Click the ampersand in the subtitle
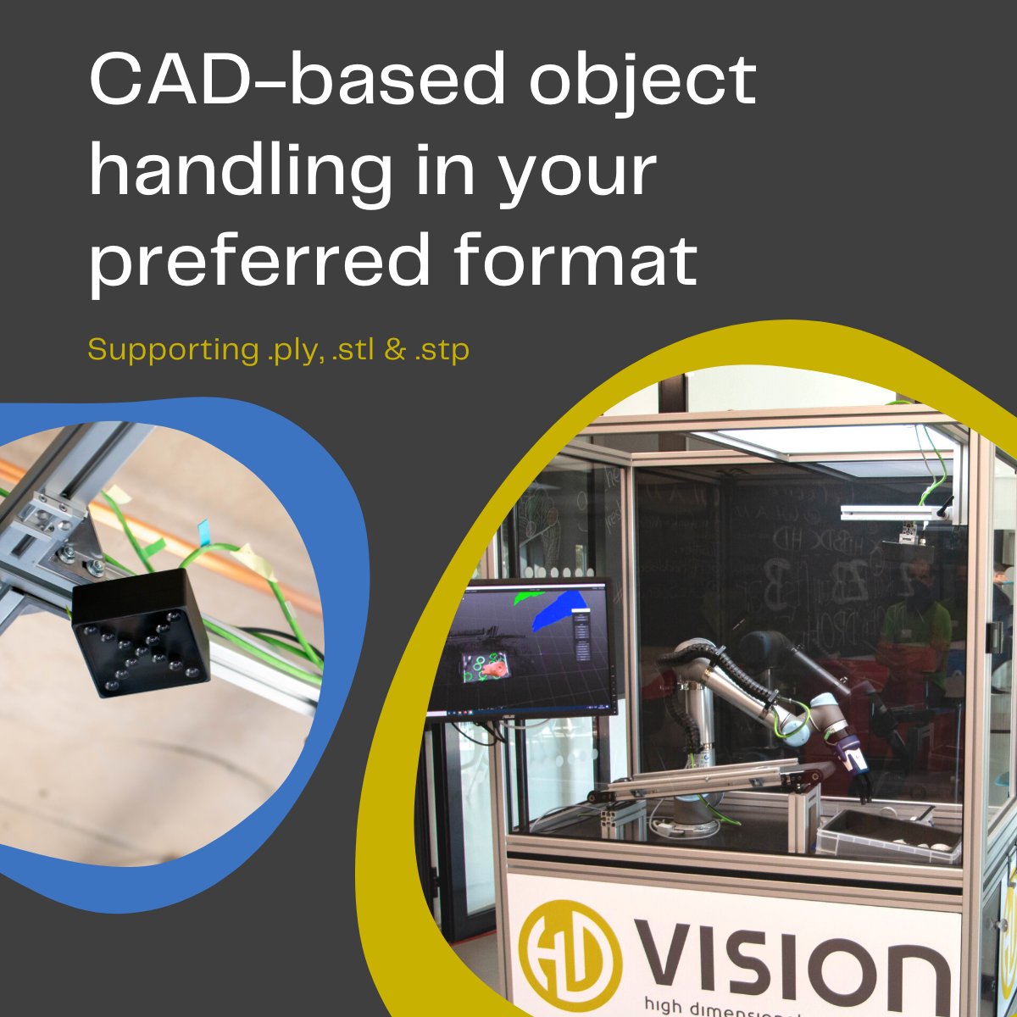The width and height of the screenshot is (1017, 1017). (394, 349)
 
